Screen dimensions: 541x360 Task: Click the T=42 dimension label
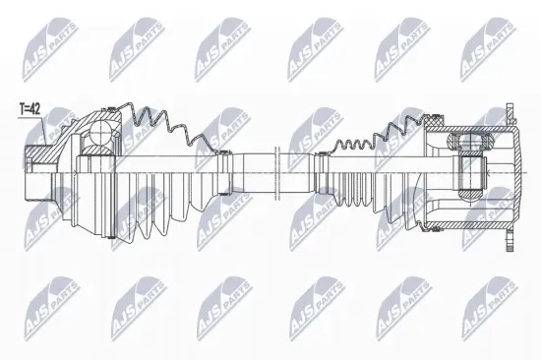tap(30, 109)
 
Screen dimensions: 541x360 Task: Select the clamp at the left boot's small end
tap(224, 172)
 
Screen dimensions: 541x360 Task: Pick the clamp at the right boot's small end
tap(324, 172)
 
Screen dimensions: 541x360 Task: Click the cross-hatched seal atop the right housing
tap(436, 121)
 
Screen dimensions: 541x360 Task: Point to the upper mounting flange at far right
tap(510, 114)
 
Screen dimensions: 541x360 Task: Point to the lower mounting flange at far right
tap(510, 240)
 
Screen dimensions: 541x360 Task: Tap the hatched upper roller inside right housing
tap(470, 142)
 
